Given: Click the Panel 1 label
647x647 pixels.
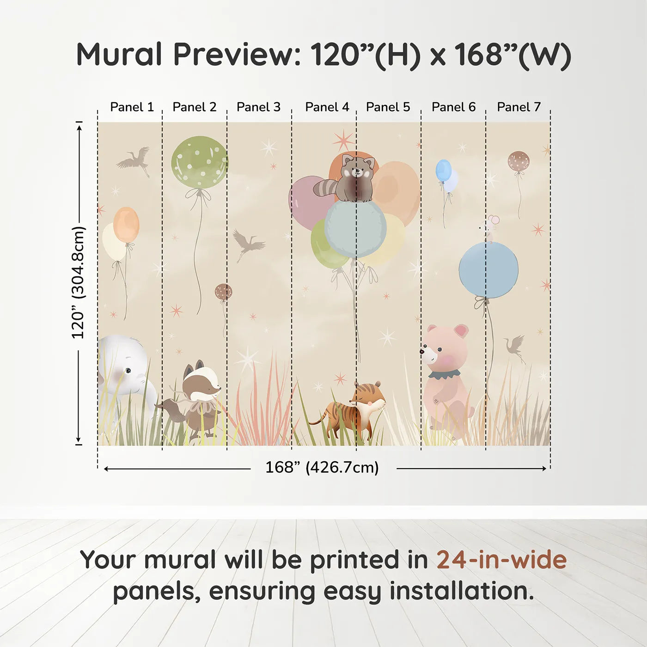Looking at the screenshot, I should tap(132, 107).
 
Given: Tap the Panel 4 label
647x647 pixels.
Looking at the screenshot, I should tap(327, 107).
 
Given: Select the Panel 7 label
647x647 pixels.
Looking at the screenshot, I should tap(519, 107).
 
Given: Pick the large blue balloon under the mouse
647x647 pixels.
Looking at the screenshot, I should tap(488, 270).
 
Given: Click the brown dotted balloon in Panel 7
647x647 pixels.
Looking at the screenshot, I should tap(519, 162).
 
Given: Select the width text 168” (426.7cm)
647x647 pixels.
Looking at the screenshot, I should tap(322, 468).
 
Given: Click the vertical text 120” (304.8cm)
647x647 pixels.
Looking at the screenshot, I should tap(78, 283).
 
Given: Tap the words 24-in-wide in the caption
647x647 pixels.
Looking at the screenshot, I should tap(501, 560).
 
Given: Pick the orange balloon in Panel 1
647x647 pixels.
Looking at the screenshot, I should tap(126, 225).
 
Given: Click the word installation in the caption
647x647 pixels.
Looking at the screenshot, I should tap(461, 592).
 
